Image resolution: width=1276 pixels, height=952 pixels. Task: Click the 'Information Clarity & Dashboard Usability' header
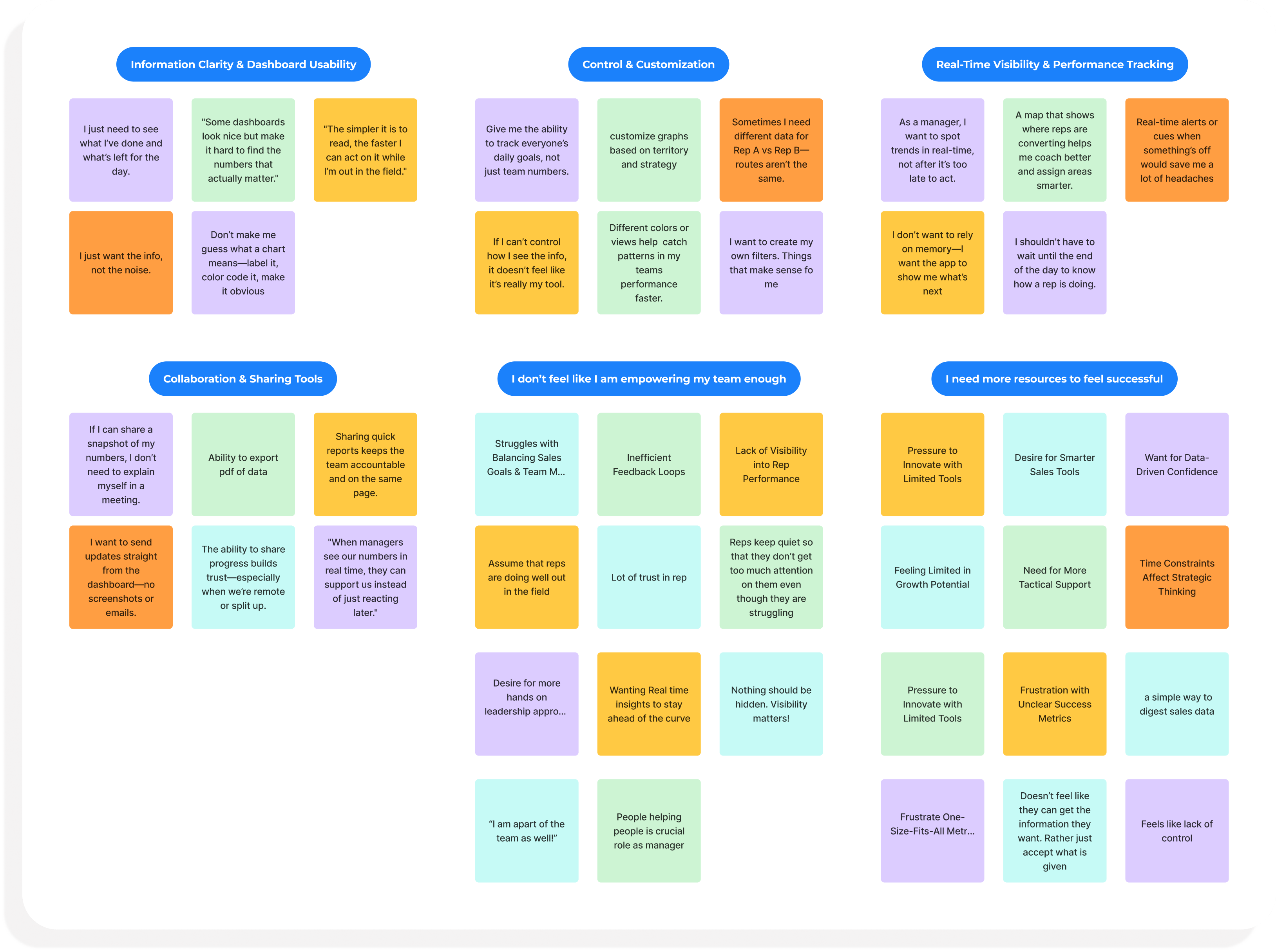pyautogui.click(x=243, y=65)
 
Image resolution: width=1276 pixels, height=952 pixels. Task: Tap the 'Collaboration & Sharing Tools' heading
pyautogui.click(x=243, y=379)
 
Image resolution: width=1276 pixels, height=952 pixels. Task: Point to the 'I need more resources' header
pyautogui.click(x=1054, y=379)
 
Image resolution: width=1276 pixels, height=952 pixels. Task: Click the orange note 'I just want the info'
pyautogui.click(x=121, y=263)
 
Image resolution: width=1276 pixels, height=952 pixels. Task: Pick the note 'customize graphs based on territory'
pyautogui.click(x=649, y=150)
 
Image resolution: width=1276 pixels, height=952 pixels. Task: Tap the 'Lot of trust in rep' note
pyautogui.click(x=649, y=577)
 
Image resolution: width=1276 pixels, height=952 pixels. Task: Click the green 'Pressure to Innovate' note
pyautogui.click(x=932, y=704)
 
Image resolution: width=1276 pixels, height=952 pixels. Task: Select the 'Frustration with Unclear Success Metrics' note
pyautogui.click(x=1055, y=704)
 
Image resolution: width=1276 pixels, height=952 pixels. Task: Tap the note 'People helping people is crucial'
pyautogui.click(x=649, y=830)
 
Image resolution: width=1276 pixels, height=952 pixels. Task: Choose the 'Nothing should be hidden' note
pyautogui.click(x=771, y=704)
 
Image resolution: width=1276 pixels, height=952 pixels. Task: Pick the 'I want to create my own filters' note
pyautogui.click(x=771, y=263)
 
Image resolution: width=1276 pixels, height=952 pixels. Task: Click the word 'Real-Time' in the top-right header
pyautogui.click(x=958, y=65)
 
